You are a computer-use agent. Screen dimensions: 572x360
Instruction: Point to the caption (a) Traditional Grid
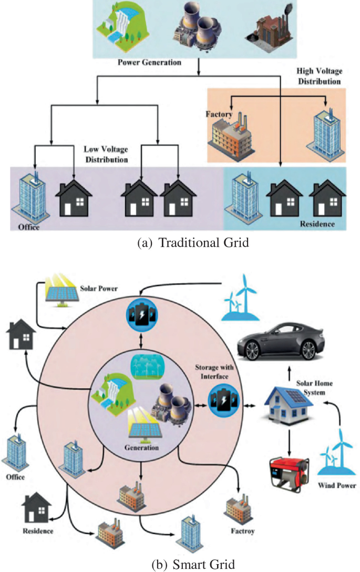pos(179,243)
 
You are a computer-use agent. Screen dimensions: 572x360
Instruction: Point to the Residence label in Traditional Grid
pos(317,224)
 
